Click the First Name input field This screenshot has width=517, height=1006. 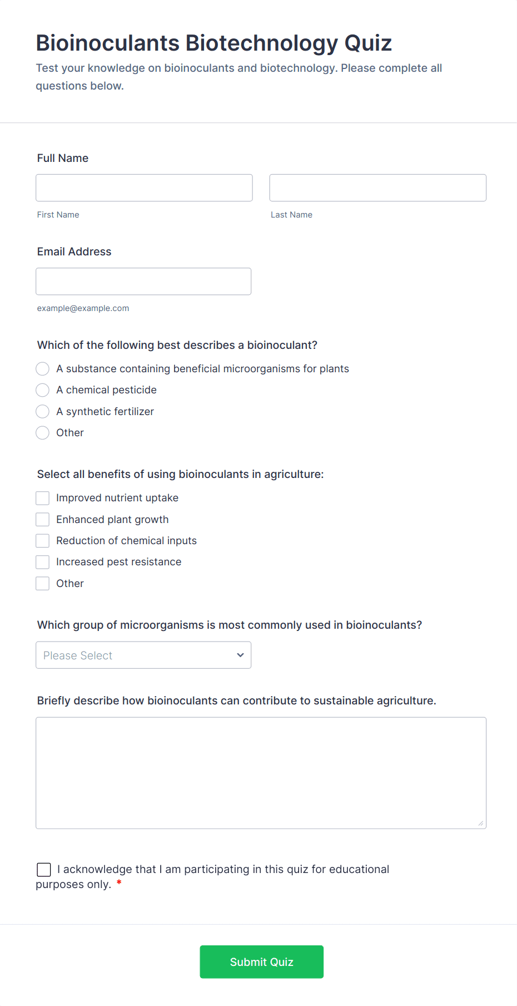click(144, 188)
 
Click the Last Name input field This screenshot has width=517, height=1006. click(377, 188)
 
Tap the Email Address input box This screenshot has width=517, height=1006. click(143, 282)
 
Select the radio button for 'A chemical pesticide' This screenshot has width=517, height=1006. click(43, 390)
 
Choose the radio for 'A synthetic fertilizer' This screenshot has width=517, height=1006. click(43, 412)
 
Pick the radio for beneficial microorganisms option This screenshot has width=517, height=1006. click(43, 369)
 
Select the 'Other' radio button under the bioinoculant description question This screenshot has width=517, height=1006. click(43, 433)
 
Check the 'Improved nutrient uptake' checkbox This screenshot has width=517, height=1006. click(43, 498)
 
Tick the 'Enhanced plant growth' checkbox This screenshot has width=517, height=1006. click(43, 520)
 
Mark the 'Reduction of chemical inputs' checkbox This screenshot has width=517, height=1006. click(43, 541)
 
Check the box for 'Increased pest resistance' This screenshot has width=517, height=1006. click(43, 562)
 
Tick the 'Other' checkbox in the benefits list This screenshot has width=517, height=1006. click(43, 584)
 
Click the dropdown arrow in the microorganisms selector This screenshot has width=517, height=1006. click(240, 655)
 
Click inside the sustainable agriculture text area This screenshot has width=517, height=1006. click(261, 773)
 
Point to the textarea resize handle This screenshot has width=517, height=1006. click(481, 823)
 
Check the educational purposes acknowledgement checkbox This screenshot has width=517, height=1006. click(44, 870)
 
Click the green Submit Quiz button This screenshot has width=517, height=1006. click(261, 962)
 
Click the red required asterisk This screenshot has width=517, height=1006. click(119, 884)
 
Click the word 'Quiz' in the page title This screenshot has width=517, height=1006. click(368, 43)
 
